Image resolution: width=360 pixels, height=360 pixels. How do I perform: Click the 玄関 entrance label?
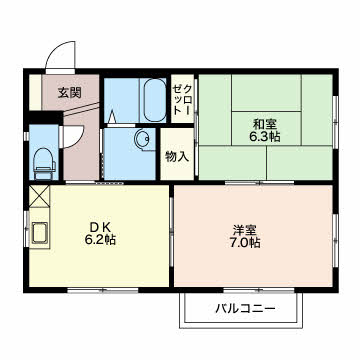[x=69, y=93]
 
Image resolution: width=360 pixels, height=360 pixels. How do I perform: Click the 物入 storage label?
[x=177, y=156]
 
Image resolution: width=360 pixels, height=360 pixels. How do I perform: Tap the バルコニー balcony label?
[x=243, y=308]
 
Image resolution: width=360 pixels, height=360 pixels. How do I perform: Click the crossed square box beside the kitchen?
[x=40, y=196]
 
